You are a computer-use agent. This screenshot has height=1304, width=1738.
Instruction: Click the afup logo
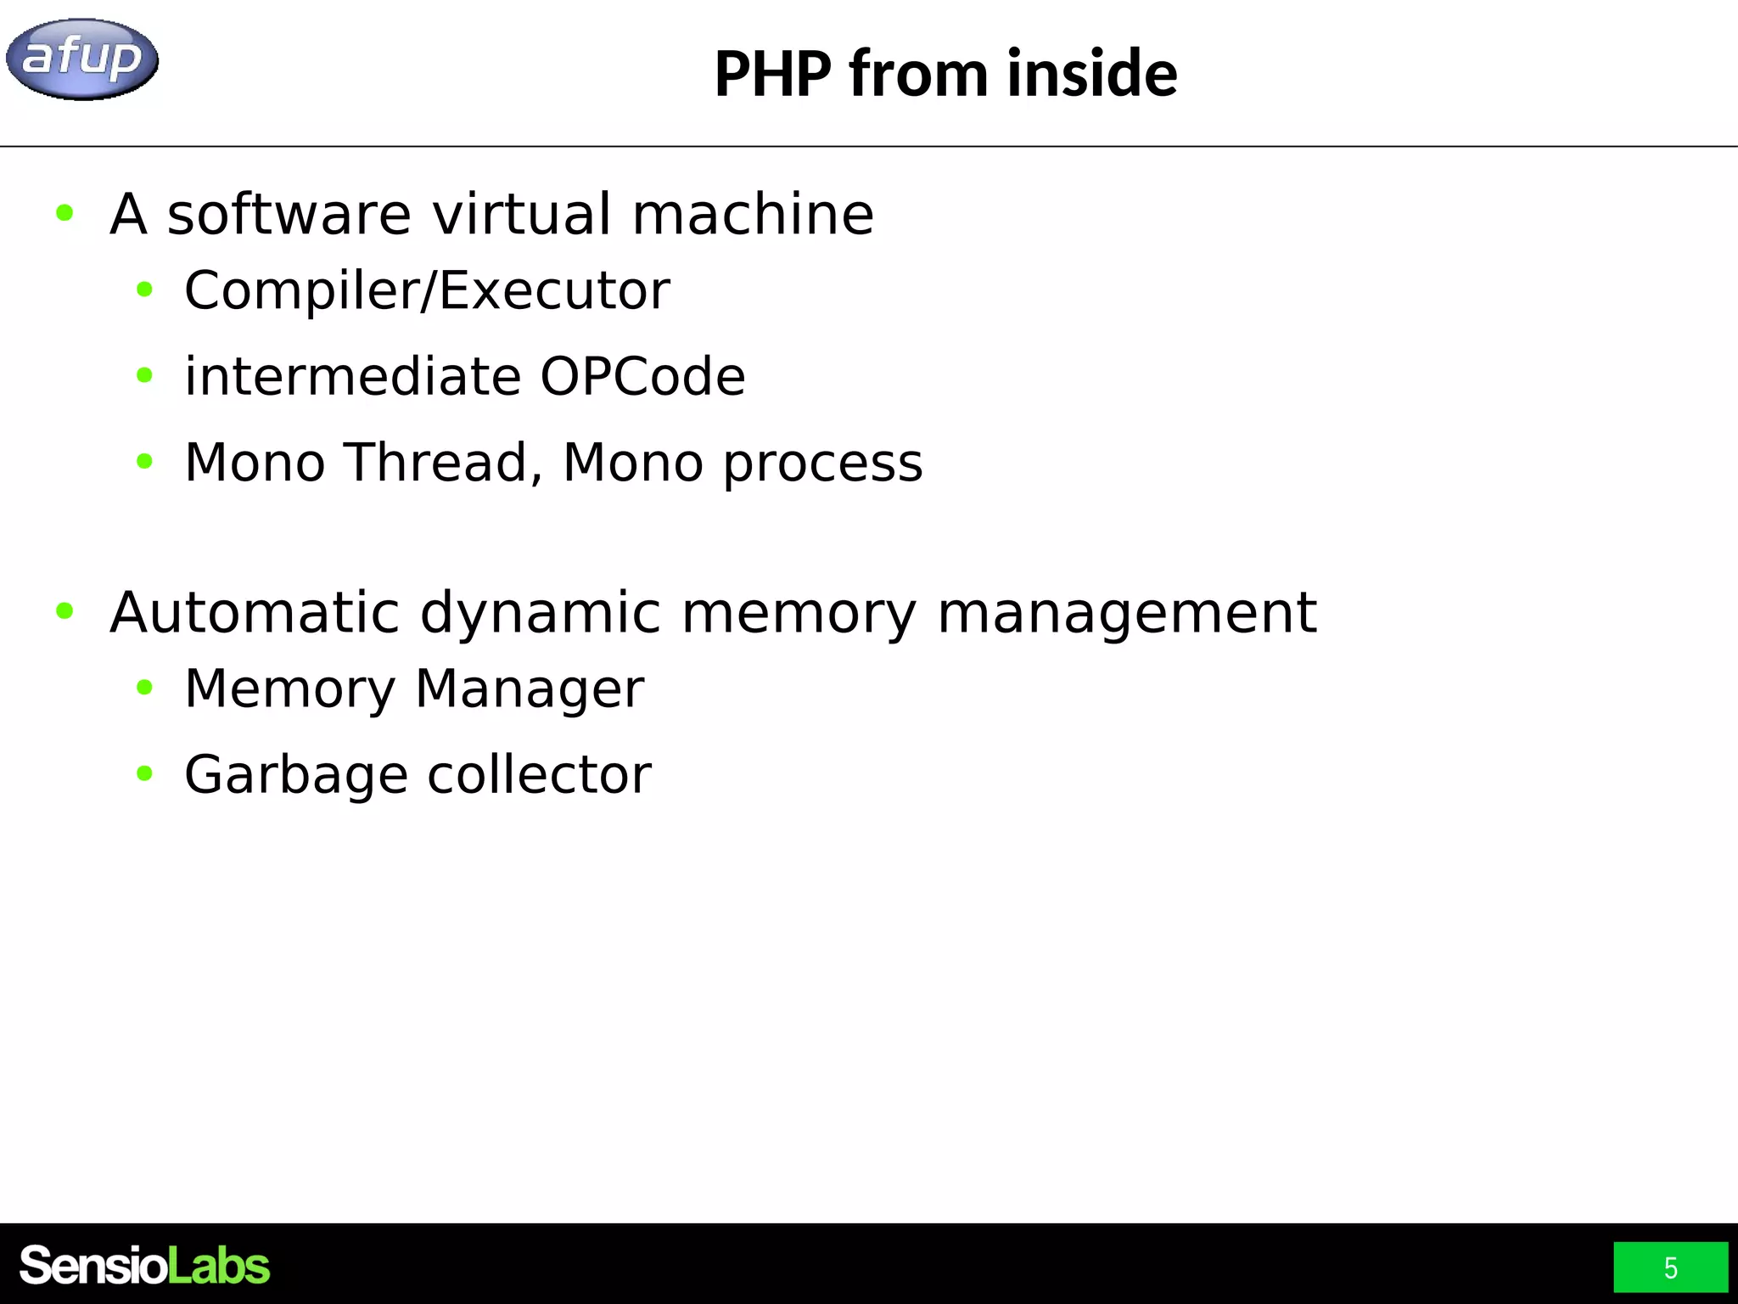[81, 59]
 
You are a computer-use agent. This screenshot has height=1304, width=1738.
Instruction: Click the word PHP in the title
[772, 74]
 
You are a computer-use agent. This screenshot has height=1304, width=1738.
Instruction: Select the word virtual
[521, 214]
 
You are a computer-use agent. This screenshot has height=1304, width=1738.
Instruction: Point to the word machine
[753, 214]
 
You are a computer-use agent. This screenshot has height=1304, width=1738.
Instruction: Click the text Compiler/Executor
[427, 291]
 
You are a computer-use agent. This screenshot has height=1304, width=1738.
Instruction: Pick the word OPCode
[642, 377]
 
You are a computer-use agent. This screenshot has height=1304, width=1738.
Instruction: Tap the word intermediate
[351, 377]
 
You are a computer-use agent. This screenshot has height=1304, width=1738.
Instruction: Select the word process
[822, 464]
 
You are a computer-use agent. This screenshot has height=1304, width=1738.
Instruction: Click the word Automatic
[255, 612]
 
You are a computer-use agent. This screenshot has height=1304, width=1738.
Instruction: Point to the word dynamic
[540, 614]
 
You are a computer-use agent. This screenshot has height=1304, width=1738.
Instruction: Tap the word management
[1127, 614]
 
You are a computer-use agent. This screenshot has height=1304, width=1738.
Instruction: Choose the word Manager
[530, 689]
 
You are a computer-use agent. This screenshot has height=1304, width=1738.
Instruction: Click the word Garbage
[296, 776]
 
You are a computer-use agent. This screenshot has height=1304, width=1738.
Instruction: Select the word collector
[539, 774]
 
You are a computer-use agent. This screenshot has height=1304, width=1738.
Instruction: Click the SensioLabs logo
[144, 1266]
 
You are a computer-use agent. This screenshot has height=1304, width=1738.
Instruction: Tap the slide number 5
[1670, 1267]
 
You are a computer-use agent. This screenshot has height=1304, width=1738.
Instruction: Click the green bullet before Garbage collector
[144, 773]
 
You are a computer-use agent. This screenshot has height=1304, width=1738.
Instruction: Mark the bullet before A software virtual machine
[64, 212]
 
